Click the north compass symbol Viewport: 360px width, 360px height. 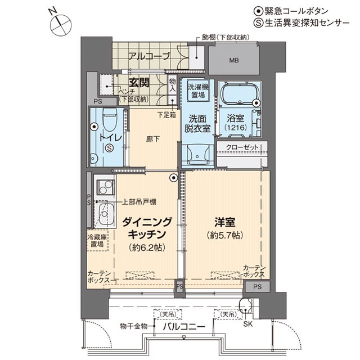61,25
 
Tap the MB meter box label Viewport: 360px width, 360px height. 234,60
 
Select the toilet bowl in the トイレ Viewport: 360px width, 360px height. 110,119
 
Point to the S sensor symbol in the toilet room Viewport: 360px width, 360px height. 109,148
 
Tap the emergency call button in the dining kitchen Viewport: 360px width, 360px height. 174,178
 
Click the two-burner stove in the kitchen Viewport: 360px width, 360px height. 105,187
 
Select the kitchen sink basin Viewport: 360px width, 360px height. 105,214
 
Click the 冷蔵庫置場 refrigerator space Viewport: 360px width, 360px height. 97,240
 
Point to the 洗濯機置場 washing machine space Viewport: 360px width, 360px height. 197,91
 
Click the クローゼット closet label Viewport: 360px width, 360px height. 242,147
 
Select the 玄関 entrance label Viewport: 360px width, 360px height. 139,83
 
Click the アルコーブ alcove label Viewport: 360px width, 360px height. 149,56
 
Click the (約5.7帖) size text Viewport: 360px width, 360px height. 225,235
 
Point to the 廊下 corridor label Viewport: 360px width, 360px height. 152,139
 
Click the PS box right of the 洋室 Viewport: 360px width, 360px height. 257,286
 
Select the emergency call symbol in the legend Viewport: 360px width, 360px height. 258,11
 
